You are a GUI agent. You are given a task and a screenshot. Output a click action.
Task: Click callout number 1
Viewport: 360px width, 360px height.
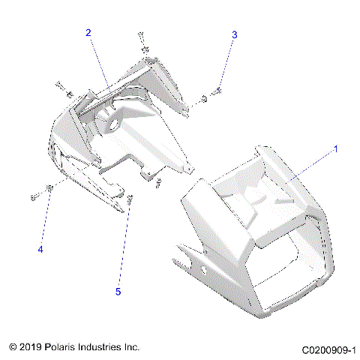pyautogui.click(x=335, y=149)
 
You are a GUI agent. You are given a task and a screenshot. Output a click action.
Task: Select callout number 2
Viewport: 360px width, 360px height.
pyautogui.click(x=88, y=33)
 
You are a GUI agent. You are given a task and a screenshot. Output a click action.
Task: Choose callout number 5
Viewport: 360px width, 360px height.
pyautogui.click(x=117, y=290)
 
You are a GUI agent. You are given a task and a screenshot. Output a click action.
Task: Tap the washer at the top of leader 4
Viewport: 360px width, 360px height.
pyautogui.click(x=49, y=188)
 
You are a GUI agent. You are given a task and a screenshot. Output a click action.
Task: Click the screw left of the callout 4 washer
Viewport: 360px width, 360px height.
pyautogui.click(x=35, y=196)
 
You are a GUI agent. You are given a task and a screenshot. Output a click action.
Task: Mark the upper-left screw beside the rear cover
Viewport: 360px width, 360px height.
pyautogui.click(x=60, y=85)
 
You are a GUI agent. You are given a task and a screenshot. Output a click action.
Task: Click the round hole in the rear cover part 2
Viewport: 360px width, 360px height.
pyautogui.click(x=117, y=120)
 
